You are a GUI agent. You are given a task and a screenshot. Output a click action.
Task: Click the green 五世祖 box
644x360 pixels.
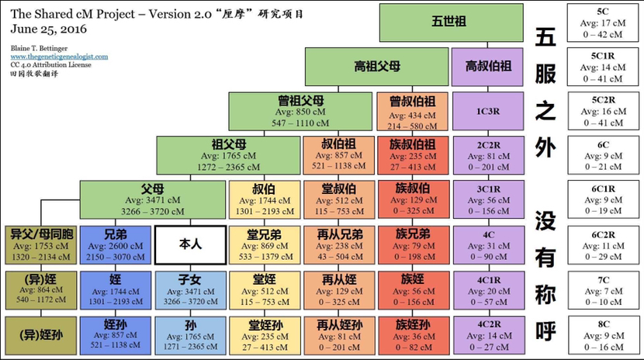click(451, 22)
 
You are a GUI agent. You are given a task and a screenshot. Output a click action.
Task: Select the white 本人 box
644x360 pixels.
click(191, 245)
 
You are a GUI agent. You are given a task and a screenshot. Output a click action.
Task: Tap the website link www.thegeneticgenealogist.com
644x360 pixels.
click(59, 57)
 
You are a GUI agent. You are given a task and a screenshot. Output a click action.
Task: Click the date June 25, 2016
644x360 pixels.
click(48, 29)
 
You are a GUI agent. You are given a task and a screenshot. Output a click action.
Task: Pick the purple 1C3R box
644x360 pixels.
click(488, 111)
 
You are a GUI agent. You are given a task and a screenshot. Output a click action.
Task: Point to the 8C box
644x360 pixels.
click(604, 335)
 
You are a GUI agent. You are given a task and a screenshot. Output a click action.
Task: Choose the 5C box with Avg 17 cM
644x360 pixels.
click(603, 23)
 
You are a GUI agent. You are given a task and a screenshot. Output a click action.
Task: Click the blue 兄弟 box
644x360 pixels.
click(116, 245)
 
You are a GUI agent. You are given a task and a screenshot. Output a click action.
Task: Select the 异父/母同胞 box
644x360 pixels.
click(41, 245)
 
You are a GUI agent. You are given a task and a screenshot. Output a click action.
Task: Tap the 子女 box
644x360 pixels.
click(190, 290)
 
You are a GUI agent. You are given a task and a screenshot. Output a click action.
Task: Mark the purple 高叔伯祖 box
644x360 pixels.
click(487, 67)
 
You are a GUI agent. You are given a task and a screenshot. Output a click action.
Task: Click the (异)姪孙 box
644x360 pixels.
click(41, 335)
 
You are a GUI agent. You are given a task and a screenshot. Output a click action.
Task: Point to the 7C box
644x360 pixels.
click(604, 290)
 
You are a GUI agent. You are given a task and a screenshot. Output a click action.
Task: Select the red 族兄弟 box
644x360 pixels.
click(414, 245)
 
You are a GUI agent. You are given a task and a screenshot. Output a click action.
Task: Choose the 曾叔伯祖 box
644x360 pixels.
click(412, 111)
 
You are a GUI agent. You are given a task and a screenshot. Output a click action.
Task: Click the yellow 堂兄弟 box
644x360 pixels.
click(264, 245)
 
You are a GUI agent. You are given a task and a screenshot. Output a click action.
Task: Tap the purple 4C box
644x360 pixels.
click(489, 245)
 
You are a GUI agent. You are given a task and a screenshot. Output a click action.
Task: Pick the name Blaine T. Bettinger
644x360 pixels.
click(39, 48)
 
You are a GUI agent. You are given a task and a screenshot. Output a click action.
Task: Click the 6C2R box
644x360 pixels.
click(604, 245)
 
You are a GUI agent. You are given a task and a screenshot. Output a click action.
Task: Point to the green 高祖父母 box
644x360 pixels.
click(376, 67)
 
